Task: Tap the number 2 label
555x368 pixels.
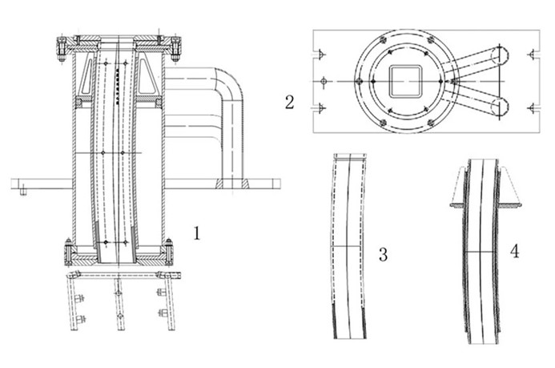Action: pyautogui.click(x=290, y=101)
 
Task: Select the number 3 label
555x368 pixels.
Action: pyautogui.click(x=383, y=255)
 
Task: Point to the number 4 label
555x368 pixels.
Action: pyautogui.click(x=514, y=251)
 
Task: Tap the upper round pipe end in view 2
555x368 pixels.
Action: pyautogui.click(x=500, y=55)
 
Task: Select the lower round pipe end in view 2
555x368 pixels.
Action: pyautogui.click(x=500, y=107)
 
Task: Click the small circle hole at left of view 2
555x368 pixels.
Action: pyautogui.click(x=324, y=81)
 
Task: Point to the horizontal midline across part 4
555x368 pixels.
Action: pyautogui.click(x=481, y=252)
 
